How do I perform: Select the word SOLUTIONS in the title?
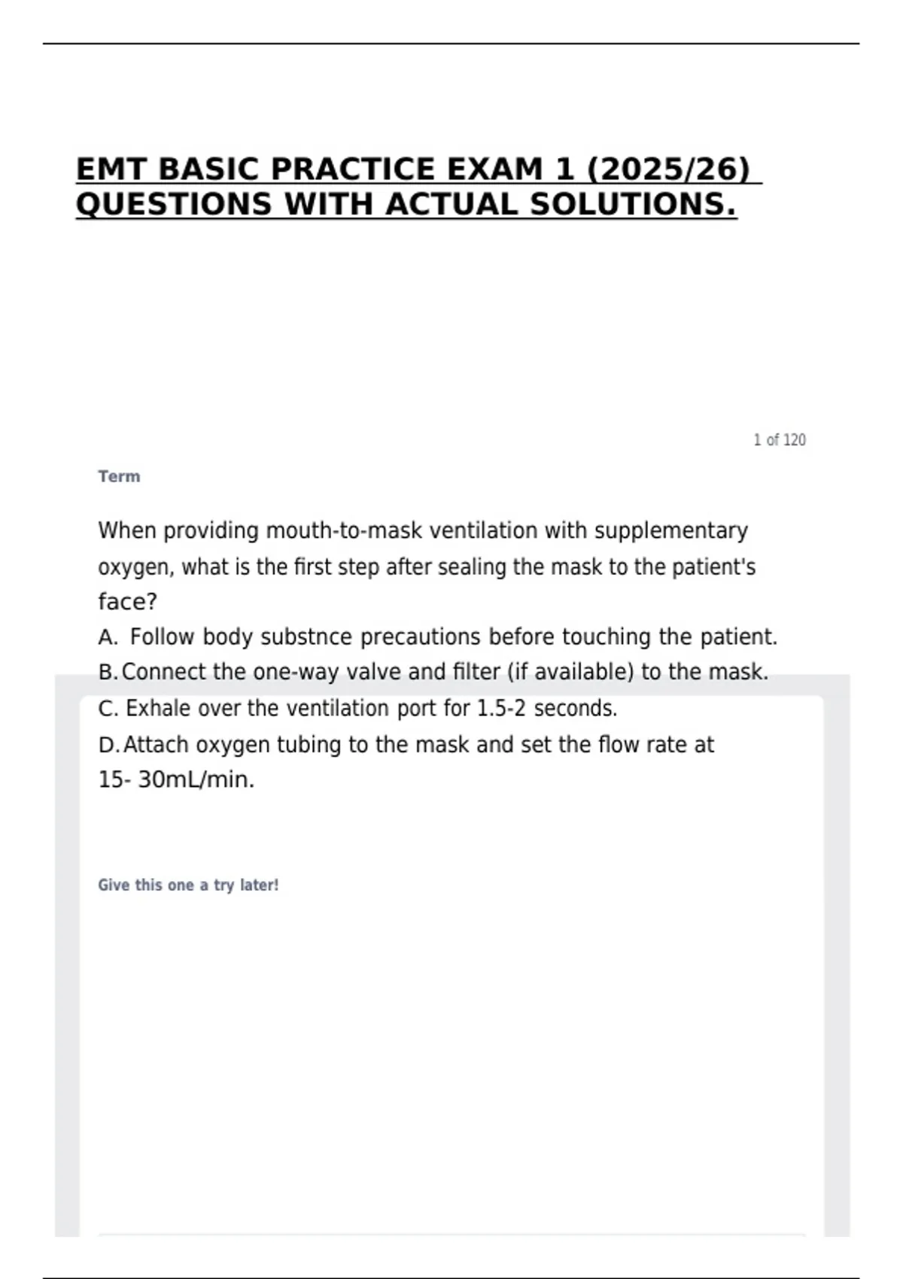click(633, 205)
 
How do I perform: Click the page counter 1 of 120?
click(779, 440)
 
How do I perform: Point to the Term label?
click(119, 476)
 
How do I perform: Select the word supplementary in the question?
click(671, 530)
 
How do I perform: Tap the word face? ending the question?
click(127, 602)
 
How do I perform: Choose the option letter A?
click(107, 637)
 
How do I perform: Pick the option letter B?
click(107, 672)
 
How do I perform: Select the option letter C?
click(107, 709)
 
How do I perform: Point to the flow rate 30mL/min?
click(196, 779)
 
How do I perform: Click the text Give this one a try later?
click(188, 886)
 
